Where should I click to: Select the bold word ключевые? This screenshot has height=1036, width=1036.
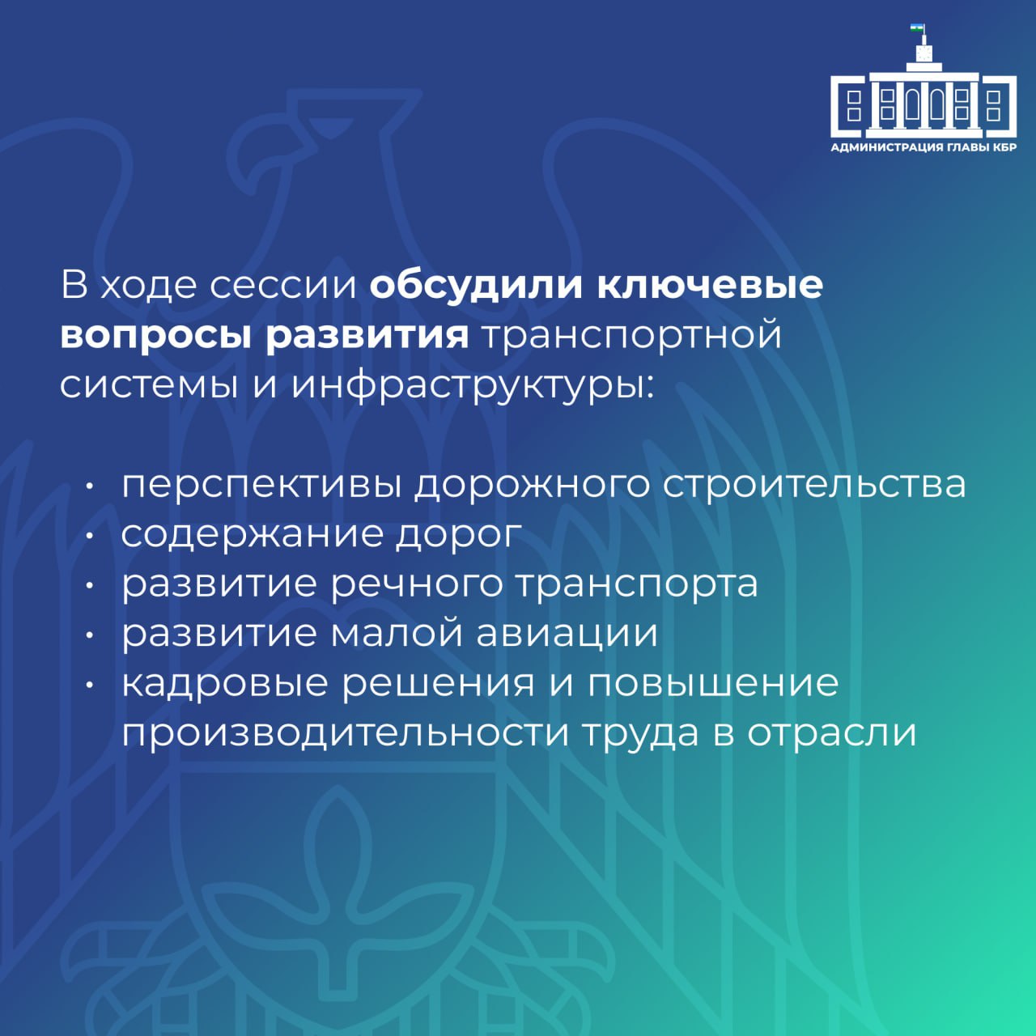click(710, 285)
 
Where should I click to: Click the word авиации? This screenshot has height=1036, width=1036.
click(567, 634)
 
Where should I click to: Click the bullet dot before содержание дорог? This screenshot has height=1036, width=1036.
click(89, 535)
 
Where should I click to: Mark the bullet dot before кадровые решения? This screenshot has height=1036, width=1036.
click(89, 685)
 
